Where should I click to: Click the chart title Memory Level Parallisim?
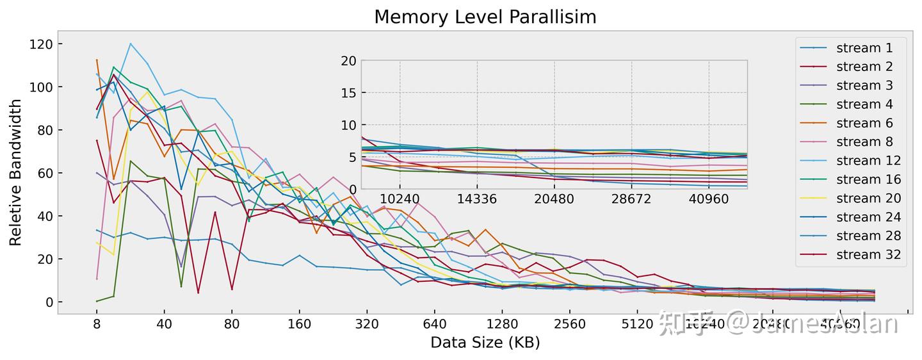[485, 17]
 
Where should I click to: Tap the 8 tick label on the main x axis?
[97, 324]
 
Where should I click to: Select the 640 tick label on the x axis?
[435, 324]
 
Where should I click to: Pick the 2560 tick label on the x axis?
[570, 324]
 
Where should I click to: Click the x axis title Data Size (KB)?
[485, 343]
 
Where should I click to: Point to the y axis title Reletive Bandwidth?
[16, 172]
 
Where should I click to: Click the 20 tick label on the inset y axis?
[348, 60]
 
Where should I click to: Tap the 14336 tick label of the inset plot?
[477, 199]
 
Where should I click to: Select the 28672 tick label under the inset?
[631, 199]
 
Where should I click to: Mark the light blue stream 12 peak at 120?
[131, 44]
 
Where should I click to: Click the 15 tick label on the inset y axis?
[348, 92]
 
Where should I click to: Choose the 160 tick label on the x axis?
[300, 324]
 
